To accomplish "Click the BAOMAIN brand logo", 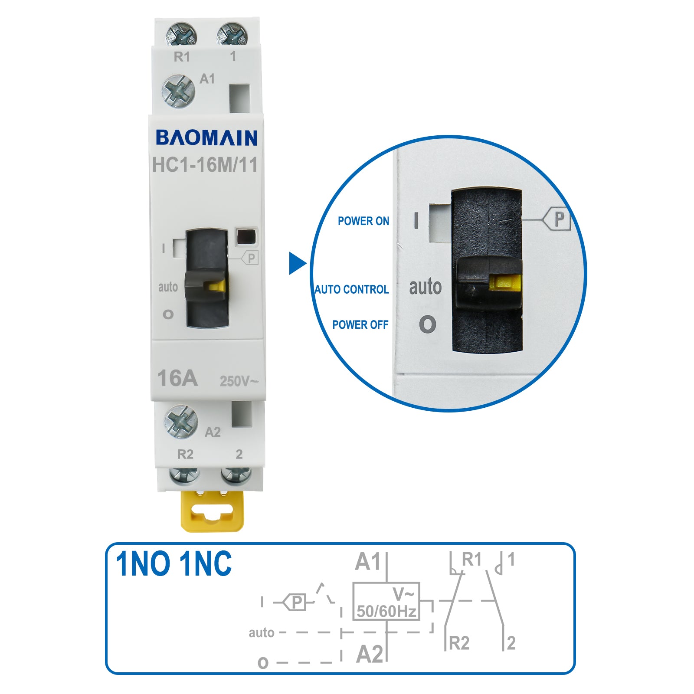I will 206,138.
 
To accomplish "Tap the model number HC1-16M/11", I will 205,165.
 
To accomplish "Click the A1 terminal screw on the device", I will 178,91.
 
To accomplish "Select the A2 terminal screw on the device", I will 181,422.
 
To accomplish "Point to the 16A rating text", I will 177,378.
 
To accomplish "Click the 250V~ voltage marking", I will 239,381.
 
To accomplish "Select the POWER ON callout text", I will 363,221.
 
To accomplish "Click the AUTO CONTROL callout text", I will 352,289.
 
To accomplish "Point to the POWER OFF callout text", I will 360,325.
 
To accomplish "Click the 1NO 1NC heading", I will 173,564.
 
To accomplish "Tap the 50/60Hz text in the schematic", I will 386,612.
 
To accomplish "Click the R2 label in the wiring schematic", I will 459,643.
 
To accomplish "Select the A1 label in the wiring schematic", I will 367,562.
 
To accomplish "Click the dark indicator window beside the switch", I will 246,237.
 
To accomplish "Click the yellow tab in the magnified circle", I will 505,283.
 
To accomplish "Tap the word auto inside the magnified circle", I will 425,287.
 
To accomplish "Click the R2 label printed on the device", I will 185,454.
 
